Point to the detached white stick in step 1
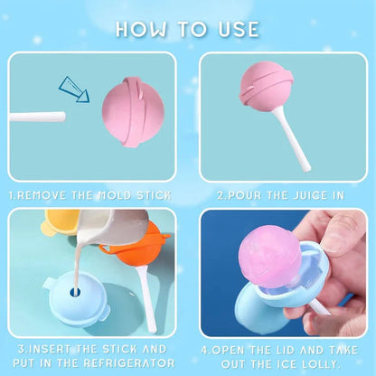point(36,117)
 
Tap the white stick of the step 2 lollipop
point(295,145)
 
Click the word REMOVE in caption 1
point(42,193)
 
